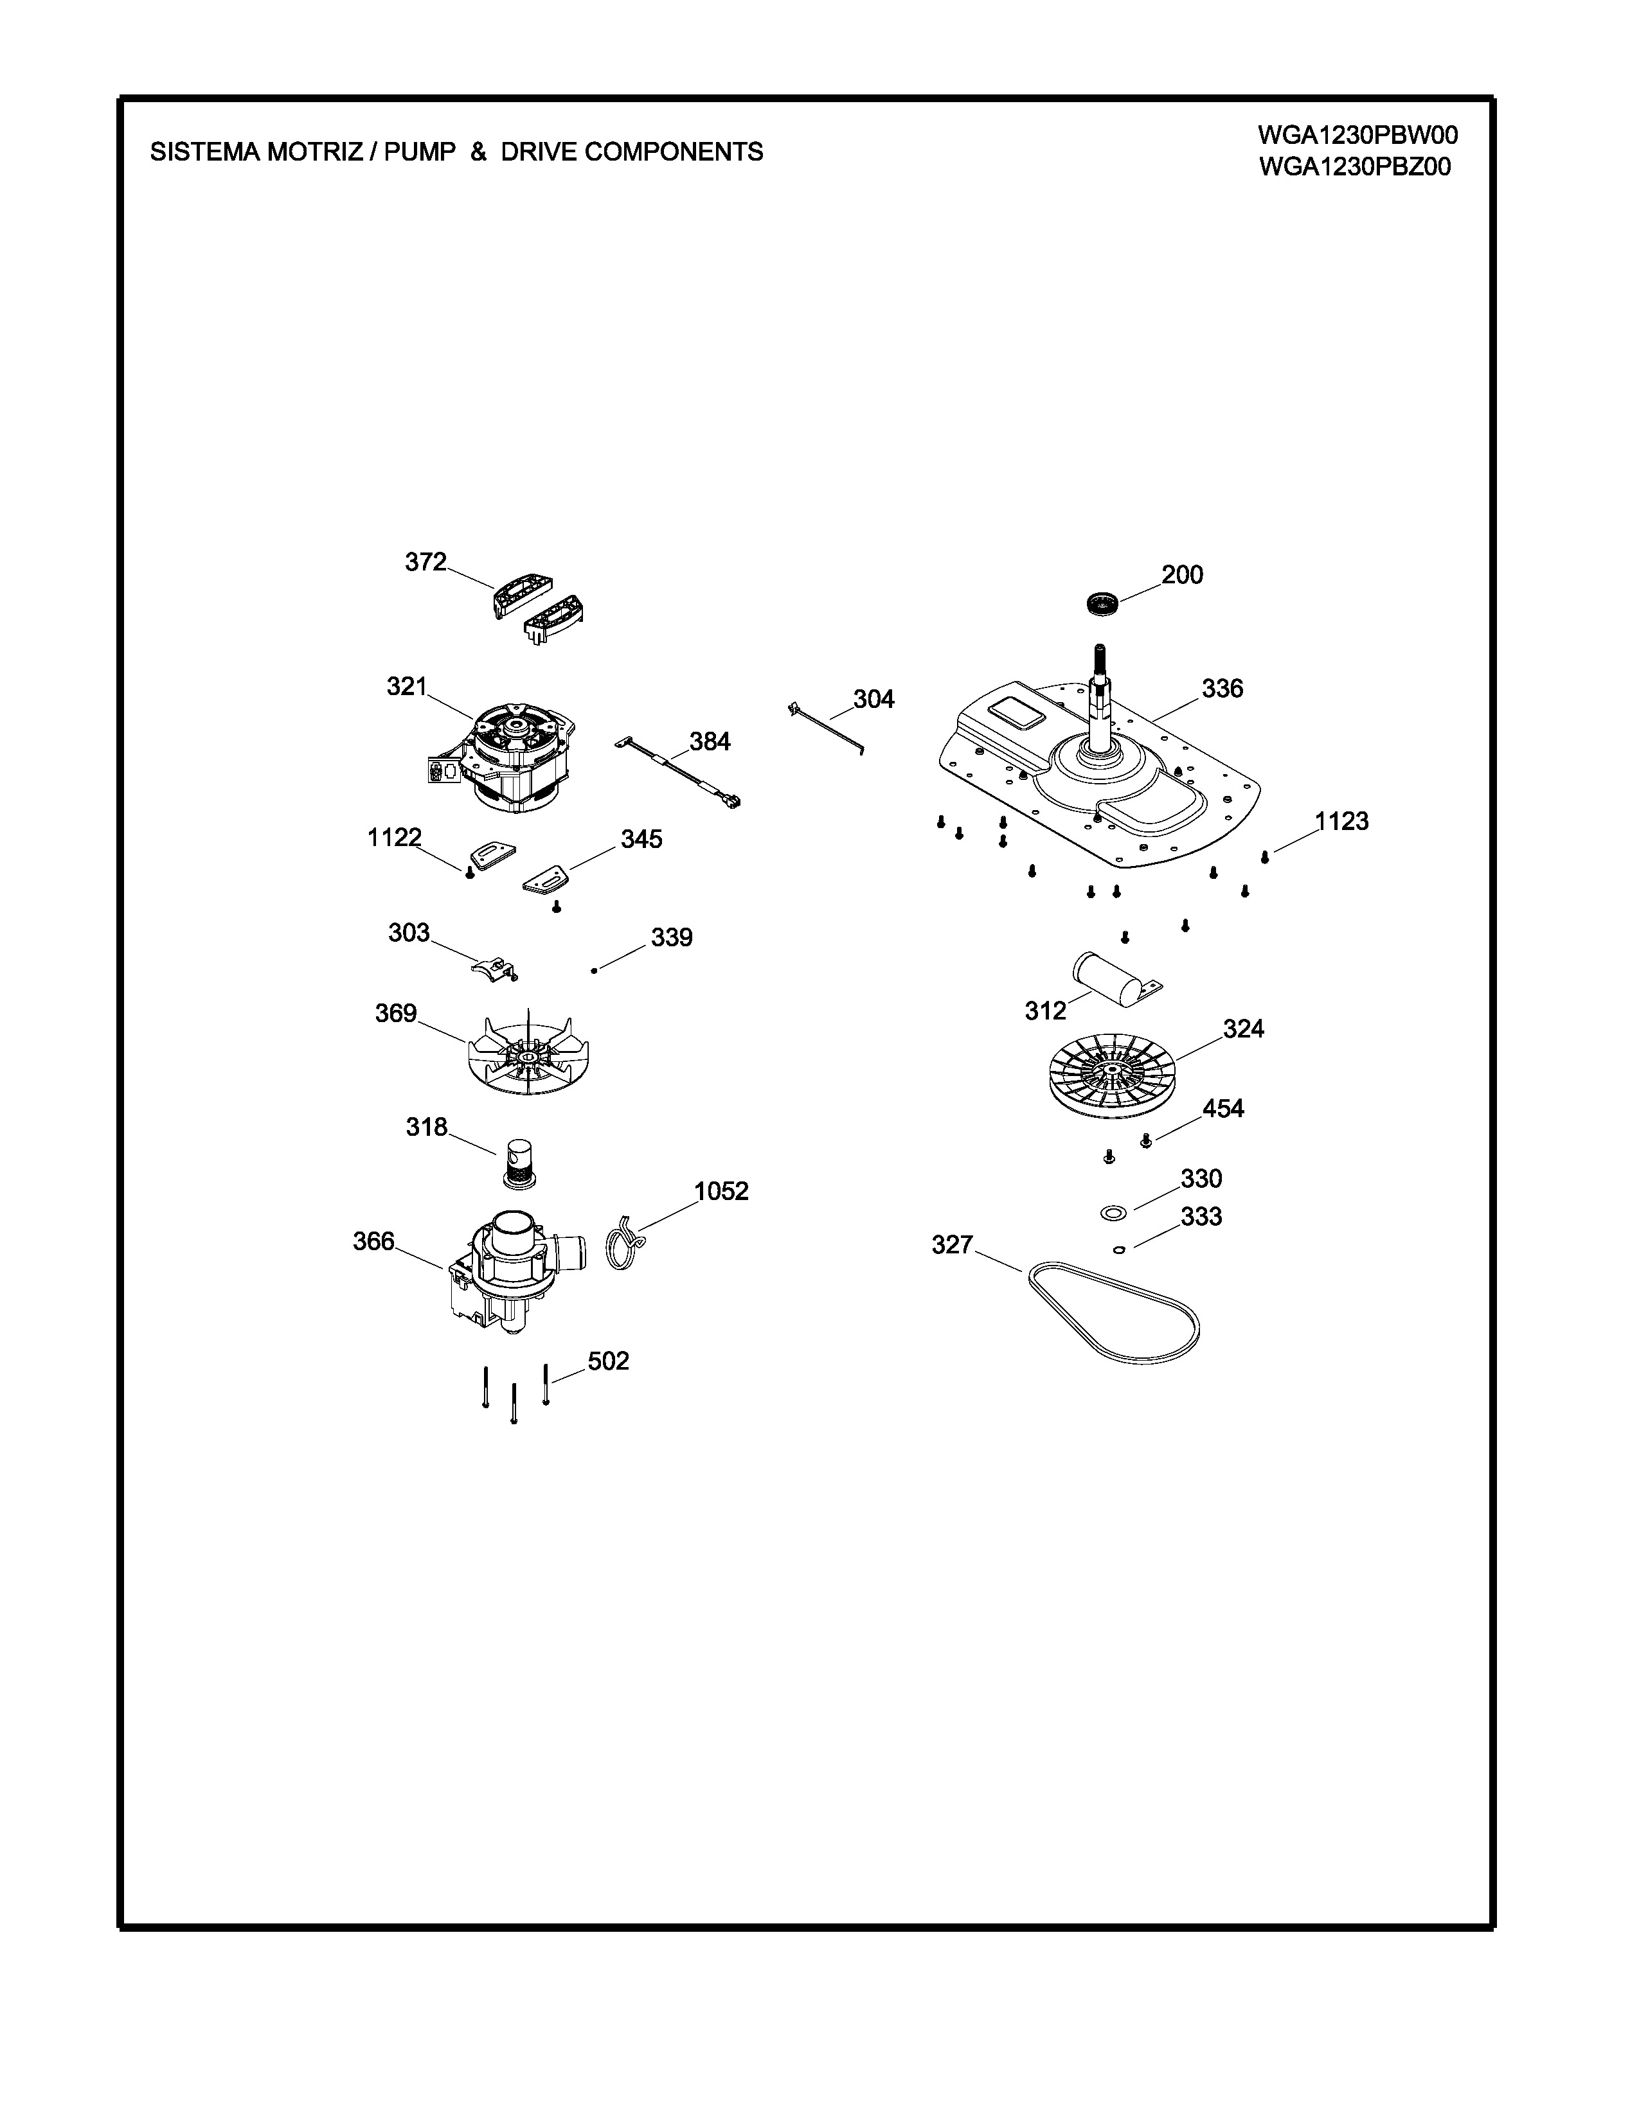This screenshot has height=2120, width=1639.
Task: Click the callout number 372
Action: [x=425, y=562]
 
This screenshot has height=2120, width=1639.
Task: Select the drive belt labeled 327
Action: [x=1113, y=1311]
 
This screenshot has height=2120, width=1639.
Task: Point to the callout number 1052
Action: [x=721, y=1191]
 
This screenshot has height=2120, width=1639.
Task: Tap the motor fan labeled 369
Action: [x=529, y=1052]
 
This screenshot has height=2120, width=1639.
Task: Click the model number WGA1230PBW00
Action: [x=1357, y=134]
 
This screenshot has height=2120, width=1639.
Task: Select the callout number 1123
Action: [x=1342, y=821]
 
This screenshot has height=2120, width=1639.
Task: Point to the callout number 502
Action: [x=609, y=1361]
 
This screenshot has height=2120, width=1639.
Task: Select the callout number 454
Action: [x=1223, y=1109]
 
